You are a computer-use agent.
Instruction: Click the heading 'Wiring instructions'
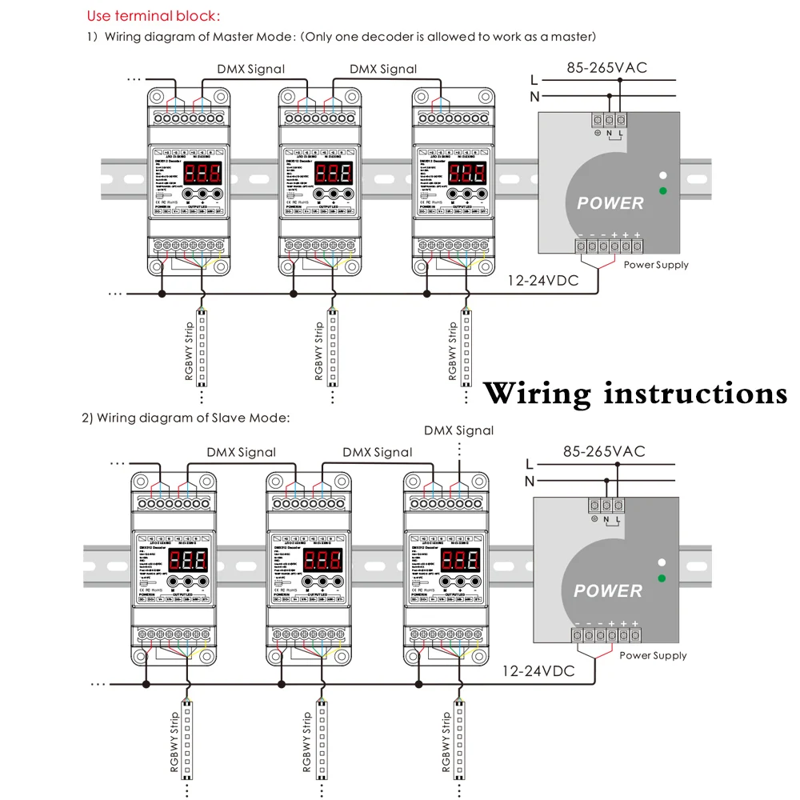(636, 394)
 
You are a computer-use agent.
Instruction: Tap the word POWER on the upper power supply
(610, 203)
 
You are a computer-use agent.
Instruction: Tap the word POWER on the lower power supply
(608, 591)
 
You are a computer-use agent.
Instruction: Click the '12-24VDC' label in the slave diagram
(538, 671)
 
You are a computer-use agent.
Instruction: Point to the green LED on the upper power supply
(662, 190)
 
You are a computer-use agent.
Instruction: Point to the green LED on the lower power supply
(662, 578)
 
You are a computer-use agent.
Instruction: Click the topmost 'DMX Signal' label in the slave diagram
(458, 430)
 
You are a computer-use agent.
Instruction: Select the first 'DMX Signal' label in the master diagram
(250, 69)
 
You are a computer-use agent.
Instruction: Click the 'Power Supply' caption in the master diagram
(656, 265)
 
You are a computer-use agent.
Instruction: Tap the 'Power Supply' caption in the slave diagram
(653, 655)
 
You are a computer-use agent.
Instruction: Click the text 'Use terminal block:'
(154, 16)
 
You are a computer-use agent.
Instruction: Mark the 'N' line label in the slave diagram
(529, 481)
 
